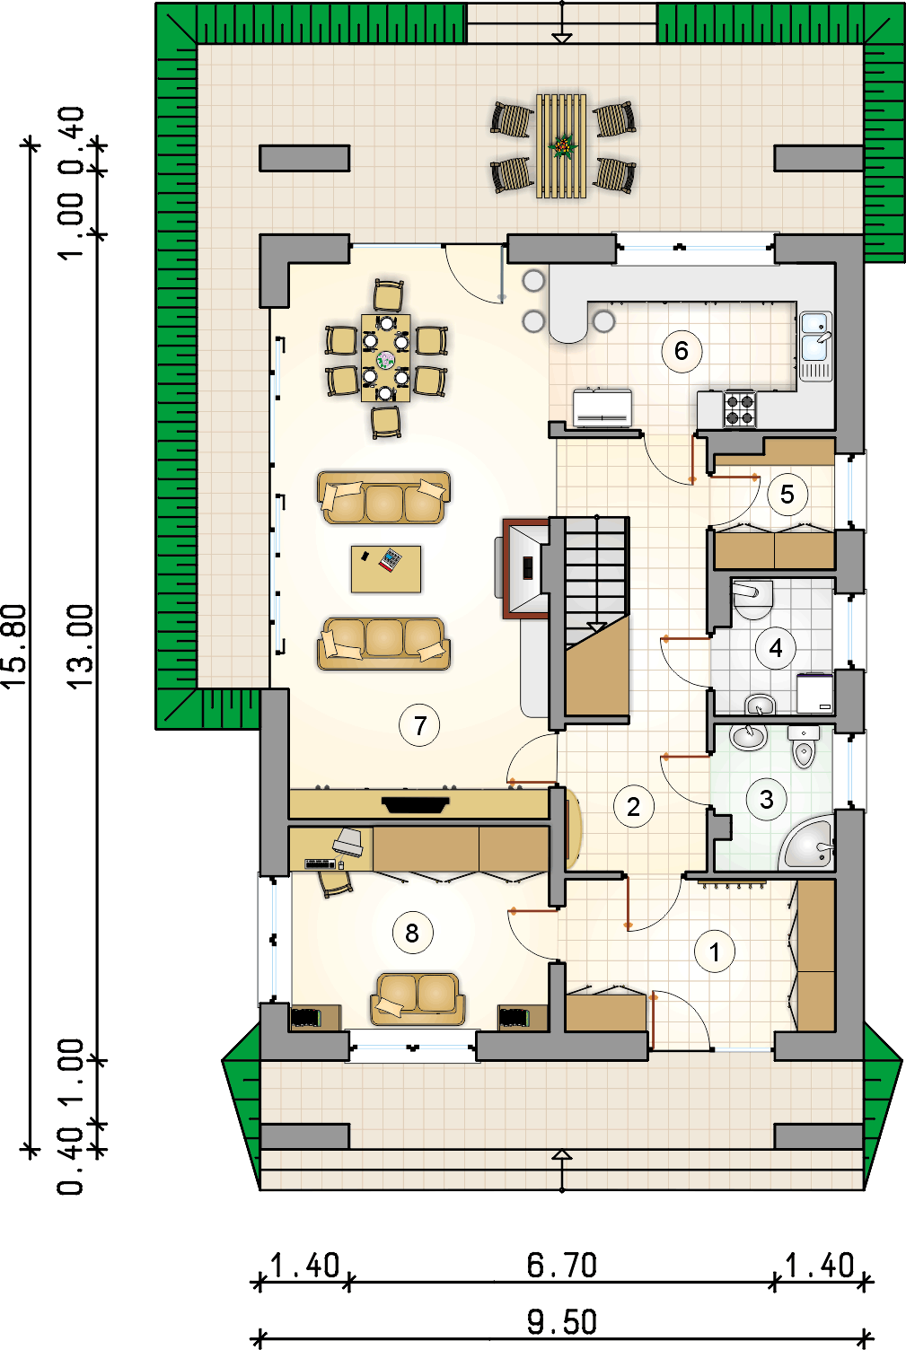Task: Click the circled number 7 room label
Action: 419,725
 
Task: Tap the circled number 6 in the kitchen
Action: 682,351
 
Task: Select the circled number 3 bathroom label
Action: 766,800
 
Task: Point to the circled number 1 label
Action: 715,952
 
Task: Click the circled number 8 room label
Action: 412,933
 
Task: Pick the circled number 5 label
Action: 787,495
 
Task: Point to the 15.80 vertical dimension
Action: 14,646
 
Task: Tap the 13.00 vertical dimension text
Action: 80,647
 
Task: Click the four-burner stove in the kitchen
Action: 740,409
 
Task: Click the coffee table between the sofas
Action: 386,569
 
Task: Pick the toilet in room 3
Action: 804,746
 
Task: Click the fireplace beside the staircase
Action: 525,568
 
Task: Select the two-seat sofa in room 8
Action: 418,999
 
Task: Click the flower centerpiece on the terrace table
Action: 562,145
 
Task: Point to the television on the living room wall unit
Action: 416,804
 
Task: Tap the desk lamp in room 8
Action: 348,841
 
